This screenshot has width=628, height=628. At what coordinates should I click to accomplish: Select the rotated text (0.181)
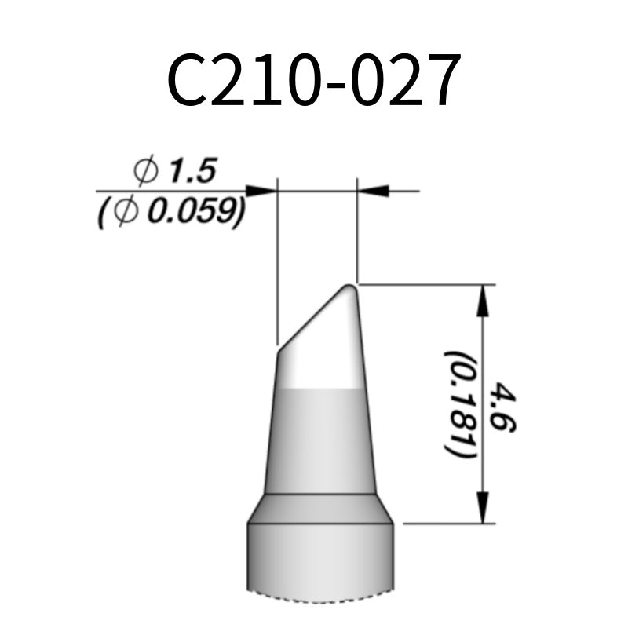[459, 404]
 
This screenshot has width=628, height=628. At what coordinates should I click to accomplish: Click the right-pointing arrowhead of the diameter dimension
[261, 190]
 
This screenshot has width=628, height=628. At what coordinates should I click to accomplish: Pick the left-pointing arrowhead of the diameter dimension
[374, 190]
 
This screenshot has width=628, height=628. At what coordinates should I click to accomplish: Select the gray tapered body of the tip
[319, 440]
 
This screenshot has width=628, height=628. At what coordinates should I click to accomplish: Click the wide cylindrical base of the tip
[319, 561]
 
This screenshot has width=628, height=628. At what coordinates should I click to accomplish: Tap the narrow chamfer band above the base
[319, 509]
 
